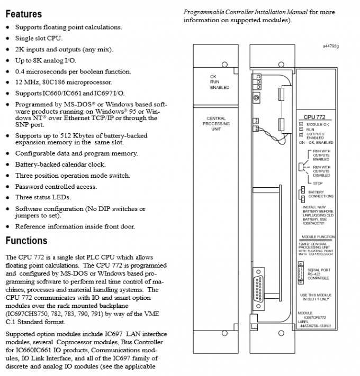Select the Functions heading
(26, 241)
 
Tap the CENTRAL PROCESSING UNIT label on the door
(215, 124)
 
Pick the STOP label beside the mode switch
(318, 183)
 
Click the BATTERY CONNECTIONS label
(321, 194)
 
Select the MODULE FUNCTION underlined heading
(318, 237)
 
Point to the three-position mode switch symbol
(301, 167)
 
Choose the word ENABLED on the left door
(219, 87)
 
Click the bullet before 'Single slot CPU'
(8, 39)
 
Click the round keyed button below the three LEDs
(256, 98)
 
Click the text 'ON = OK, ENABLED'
(316, 142)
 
